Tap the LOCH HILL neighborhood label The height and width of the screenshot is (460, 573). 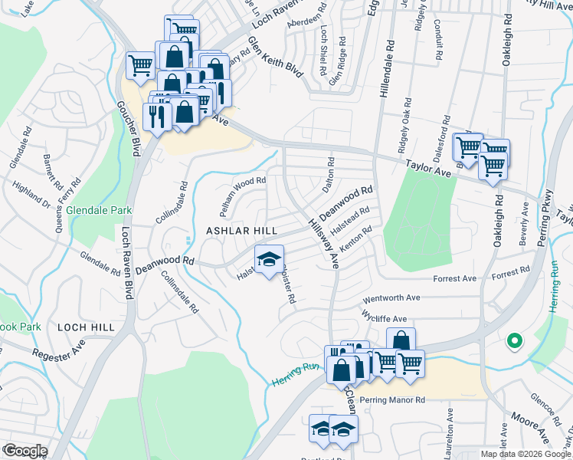(x=86, y=327)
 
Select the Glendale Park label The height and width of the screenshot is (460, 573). (x=99, y=210)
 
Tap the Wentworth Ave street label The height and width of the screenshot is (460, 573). (x=391, y=297)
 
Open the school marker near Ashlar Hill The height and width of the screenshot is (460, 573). (x=269, y=261)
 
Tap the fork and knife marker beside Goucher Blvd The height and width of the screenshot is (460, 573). (x=157, y=117)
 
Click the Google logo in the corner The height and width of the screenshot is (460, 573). (x=25, y=451)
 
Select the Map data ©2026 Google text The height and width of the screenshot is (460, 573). (x=525, y=454)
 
